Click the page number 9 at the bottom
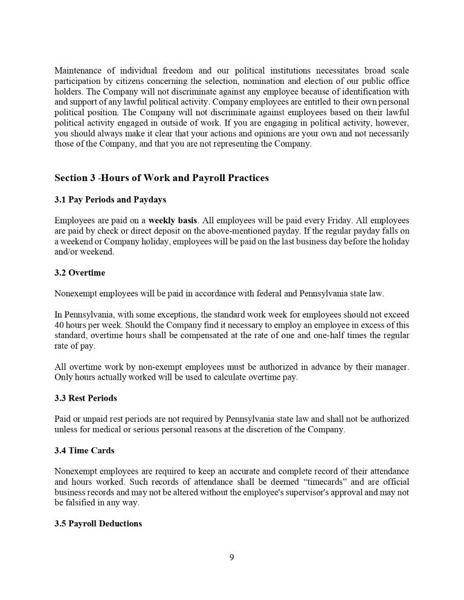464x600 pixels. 232,557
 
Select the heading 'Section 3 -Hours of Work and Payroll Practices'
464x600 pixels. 161,178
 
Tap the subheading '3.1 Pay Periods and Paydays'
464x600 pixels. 110,199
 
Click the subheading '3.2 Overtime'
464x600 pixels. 79,273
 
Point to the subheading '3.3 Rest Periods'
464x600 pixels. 86,398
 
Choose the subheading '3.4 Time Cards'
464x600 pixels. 84,450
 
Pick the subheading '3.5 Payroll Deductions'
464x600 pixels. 98,523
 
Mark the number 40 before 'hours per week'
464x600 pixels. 60,325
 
